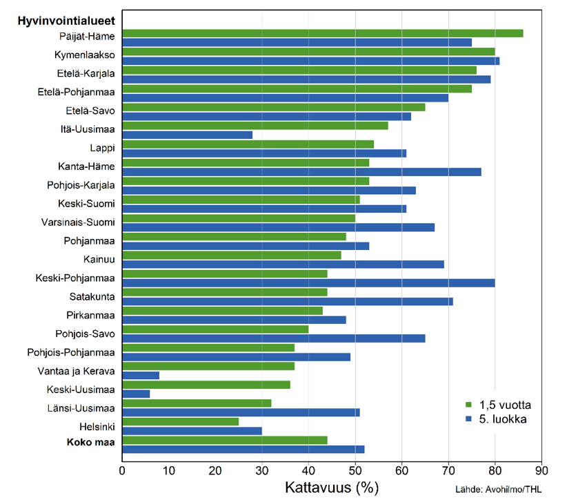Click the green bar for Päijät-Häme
point(322,33)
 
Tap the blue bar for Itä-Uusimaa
point(188,135)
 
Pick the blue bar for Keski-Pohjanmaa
point(308,282)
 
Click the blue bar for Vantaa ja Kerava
point(141,375)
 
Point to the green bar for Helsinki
point(180,421)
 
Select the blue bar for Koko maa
point(243,449)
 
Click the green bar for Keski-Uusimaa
point(206,385)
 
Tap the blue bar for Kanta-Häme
point(301,171)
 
